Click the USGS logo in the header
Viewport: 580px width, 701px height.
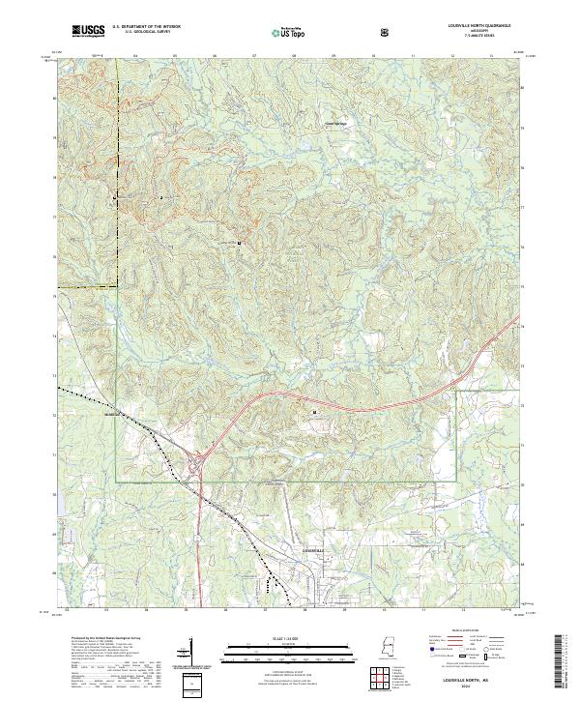point(89,32)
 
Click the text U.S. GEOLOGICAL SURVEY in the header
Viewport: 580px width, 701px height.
point(146,33)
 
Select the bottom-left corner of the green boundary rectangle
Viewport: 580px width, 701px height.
point(116,481)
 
